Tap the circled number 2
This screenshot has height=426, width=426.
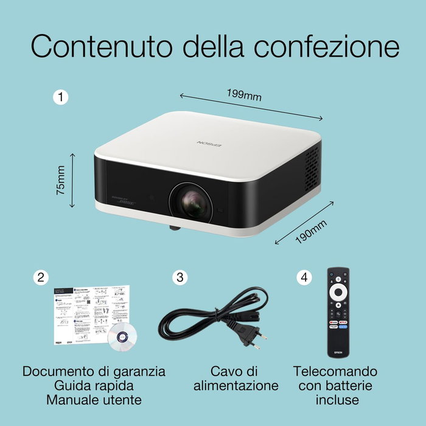click(41, 278)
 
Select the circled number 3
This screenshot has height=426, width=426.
click(180, 278)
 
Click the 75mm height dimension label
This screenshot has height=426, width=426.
click(60, 180)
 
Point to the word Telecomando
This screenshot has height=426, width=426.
click(335, 371)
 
